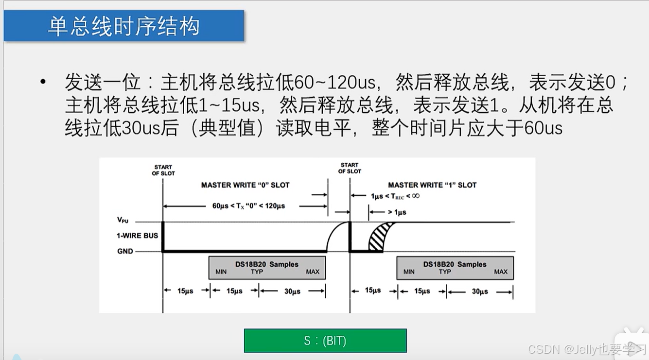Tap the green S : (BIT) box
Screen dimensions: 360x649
click(325, 341)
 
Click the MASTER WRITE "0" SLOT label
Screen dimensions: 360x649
click(245, 185)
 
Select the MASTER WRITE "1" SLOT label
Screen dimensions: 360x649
click(432, 185)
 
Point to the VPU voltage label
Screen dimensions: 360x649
click(123, 220)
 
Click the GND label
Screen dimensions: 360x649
click(124, 251)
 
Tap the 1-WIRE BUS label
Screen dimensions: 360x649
click(137, 236)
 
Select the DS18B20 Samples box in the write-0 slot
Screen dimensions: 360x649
click(267, 267)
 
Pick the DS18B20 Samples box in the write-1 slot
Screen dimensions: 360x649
click(455, 267)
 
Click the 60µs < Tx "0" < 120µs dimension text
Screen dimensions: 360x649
click(248, 206)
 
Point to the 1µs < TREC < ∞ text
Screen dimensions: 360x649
click(395, 196)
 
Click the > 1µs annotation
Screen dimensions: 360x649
click(396, 212)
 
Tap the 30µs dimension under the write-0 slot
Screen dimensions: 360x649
click(292, 291)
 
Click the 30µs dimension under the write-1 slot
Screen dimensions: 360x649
click(480, 291)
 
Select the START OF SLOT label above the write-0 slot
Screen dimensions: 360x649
click(163, 170)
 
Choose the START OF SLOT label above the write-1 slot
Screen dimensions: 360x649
click(350, 168)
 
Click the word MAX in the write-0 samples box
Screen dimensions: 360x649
click(313, 272)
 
